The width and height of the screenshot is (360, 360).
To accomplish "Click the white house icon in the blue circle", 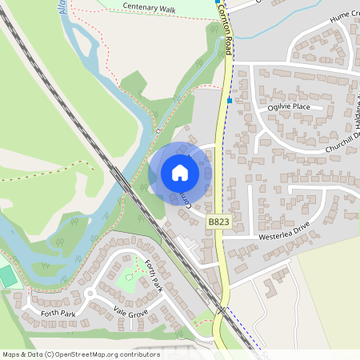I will click(x=180, y=172).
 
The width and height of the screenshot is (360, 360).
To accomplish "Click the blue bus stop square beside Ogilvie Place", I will click(x=230, y=101).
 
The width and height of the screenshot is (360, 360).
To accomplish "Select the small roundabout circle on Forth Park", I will click(x=89, y=293).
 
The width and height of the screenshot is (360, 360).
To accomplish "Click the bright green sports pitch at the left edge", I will click(x=7, y=277).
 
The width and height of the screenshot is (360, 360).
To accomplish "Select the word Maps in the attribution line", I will click(x=11, y=354).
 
